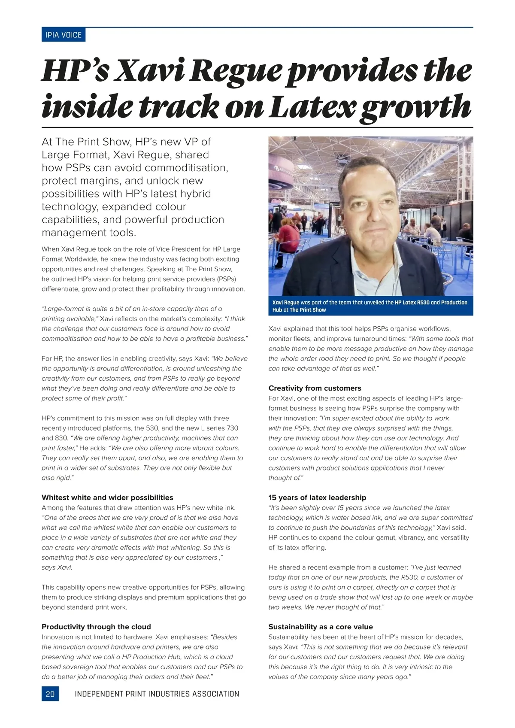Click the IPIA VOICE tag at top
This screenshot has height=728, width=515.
(64, 35)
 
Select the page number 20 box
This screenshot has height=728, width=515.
(50, 694)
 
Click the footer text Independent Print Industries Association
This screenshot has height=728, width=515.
(157, 694)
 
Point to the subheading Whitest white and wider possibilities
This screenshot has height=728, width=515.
(107, 497)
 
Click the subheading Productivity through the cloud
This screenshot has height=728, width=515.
(96, 627)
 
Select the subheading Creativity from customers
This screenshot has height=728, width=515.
(315, 388)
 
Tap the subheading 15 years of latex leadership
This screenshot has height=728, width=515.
(317, 497)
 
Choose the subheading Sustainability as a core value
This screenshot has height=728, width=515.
(321, 627)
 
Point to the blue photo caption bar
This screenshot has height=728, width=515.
(370, 306)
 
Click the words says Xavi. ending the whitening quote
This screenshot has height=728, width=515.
(57, 567)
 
